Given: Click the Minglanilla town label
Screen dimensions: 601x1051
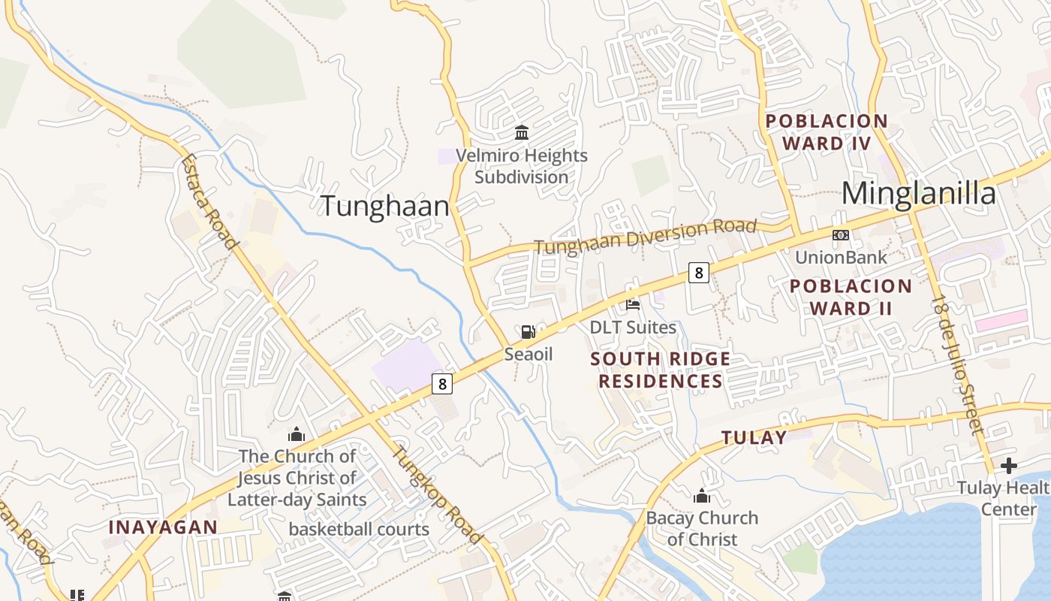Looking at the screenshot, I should point(918,194).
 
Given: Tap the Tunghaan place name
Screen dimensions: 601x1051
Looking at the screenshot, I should point(385,206).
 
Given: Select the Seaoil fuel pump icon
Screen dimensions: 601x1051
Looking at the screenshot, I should point(528,331).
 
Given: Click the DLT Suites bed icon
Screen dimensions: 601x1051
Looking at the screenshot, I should point(633,304).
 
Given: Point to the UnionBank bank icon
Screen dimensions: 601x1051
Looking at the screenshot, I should point(841,235).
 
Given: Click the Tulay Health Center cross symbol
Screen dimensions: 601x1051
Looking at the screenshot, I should point(1008,466).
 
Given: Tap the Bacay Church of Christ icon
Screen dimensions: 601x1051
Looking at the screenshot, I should point(702,496).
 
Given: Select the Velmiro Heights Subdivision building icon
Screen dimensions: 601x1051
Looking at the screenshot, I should point(521,133).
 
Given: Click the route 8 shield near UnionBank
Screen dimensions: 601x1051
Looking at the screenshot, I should point(698,273).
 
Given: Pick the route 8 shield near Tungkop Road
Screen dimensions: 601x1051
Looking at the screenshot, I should point(442,384).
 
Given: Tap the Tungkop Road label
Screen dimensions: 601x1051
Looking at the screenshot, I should point(436,494).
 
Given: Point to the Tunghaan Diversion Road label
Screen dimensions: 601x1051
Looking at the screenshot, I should point(645,237).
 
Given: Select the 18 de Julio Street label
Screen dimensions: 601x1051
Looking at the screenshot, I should point(958,364).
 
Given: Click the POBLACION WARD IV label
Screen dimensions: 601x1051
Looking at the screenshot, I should point(826,132).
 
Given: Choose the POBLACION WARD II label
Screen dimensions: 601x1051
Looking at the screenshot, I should point(851,297).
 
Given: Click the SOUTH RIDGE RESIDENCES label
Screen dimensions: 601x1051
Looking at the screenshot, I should point(660,370).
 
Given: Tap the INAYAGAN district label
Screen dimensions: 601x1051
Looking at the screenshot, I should point(163,527).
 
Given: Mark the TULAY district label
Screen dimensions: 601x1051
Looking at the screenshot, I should point(754,437).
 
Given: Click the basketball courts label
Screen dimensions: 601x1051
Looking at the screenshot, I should point(359,529).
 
